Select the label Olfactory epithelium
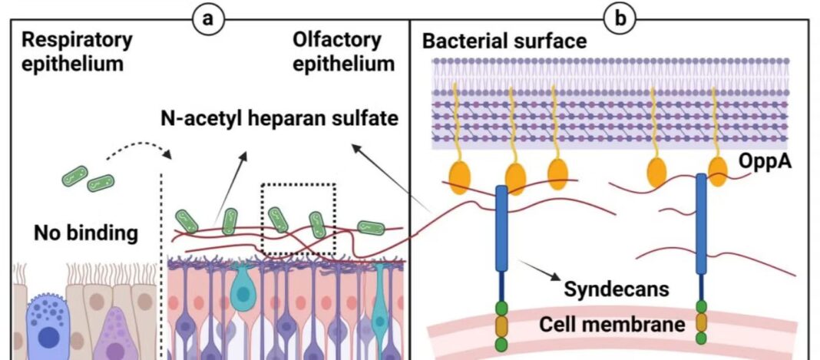pyautogui.click(x=342, y=51)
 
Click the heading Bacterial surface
pyautogui.click(x=504, y=41)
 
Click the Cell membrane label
pyautogui.click(x=612, y=324)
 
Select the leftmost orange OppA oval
pyautogui.click(x=461, y=176)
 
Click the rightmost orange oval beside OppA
pyautogui.click(x=718, y=171)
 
